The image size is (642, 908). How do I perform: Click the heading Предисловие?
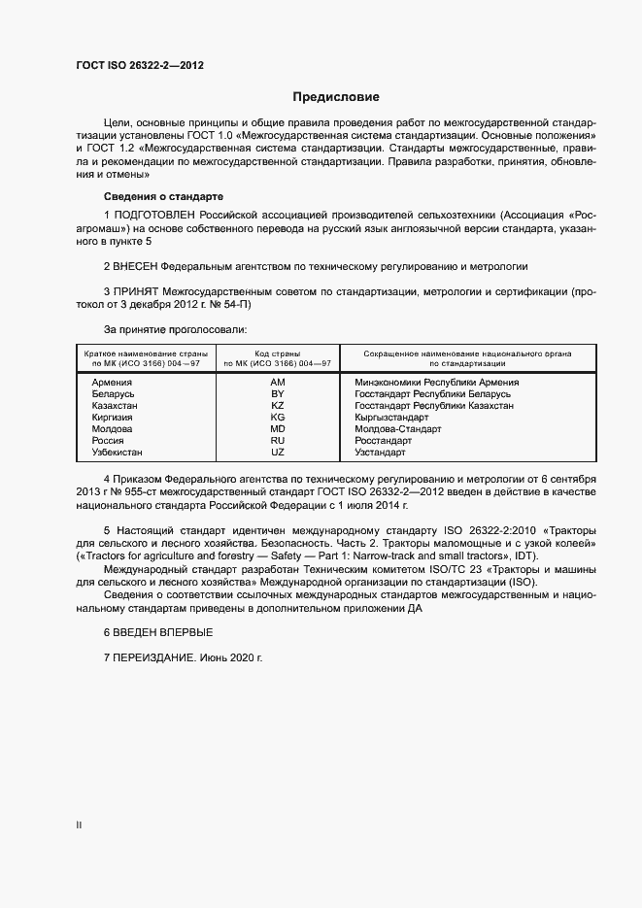point(336,97)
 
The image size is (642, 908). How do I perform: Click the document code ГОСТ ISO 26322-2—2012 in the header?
point(140,66)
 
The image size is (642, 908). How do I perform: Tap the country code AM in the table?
point(278,383)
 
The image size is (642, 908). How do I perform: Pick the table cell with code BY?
point(278,394)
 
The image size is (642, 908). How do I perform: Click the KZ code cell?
point(278,406)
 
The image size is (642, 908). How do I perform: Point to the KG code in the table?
point(278,418)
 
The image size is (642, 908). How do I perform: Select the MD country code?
point(278,429)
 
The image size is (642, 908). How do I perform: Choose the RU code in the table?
point(278,441)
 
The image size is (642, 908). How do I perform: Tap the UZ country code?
point(278,453)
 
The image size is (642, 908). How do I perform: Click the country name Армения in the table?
point(112,383)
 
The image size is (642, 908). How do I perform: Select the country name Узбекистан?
point(118,453)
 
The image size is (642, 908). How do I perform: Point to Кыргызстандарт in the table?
point(399,418)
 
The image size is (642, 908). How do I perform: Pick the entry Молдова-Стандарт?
point(398,429)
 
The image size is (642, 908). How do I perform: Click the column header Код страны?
point(278,353)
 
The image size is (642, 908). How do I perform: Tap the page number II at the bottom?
point(79,825)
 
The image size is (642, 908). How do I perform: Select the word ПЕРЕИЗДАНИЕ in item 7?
point(154,657)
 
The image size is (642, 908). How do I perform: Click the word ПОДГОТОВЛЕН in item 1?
point(155,214)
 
